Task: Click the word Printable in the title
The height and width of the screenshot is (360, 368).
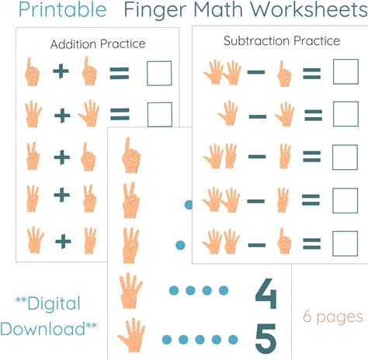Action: click(63, 10)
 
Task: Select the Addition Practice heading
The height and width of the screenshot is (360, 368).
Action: click(98, 44)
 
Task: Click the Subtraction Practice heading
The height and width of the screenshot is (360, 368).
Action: click(282, 41)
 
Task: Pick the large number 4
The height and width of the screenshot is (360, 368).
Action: click(266, 294)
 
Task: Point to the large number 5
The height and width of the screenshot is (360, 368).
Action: click(266, 339)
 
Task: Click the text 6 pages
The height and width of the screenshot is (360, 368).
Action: click(333, 317)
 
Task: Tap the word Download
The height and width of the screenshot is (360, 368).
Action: click(43, 329)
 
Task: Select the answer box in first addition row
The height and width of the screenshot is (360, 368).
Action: click(159, 73)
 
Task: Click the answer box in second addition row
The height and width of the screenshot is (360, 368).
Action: click(160, 115)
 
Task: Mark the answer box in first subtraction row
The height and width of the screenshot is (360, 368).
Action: click(345, 71)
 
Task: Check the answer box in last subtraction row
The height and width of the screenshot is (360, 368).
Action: click(345, 244)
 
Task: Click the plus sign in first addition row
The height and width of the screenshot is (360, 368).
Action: click(61, 71)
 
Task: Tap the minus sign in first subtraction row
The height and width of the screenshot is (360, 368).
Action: click(256, 72)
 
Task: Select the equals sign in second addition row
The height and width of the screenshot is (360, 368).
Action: click(120, 114)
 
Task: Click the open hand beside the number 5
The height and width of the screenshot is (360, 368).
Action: click(132, 335)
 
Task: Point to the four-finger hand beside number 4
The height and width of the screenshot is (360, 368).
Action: click(130, 291)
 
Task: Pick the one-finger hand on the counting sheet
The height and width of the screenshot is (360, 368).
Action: click(131, 155)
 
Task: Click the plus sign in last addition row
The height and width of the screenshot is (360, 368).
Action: click(63, 241)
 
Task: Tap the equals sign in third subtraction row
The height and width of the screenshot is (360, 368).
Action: click(312, 157)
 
